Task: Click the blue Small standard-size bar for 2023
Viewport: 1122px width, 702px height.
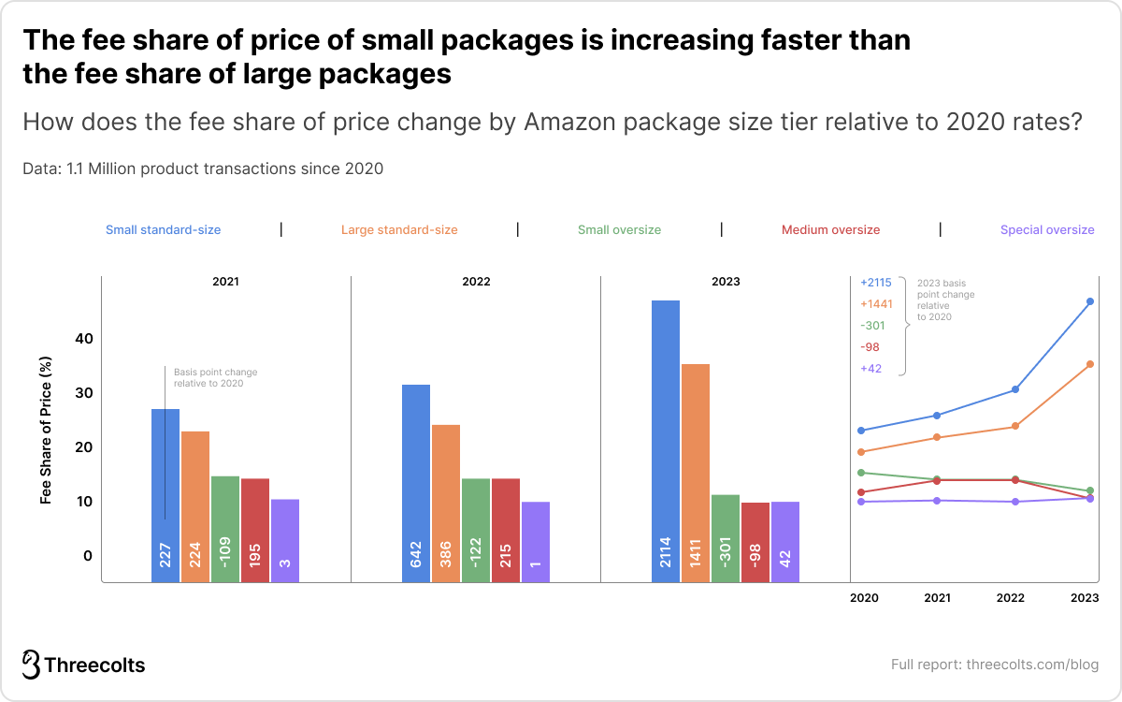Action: tap(665, 440)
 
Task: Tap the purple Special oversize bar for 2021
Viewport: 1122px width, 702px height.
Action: tap(285, 540)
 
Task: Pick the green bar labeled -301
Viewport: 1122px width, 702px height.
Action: tap(725, 538)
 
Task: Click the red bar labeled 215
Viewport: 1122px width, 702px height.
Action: tap(505, 530)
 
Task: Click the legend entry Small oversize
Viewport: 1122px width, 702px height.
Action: tap(619, 229)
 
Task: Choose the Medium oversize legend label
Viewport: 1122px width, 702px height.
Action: tap(830, 229)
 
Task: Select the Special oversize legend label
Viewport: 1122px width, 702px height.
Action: tap(1046, 229)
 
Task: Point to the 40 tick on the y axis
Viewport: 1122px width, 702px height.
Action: tap(85, 339)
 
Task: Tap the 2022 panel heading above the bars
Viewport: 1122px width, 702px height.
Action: tap(475, 281)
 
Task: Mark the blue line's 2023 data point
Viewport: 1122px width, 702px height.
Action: tap(1090, 301)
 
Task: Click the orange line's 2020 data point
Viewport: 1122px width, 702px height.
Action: tap(861, 452)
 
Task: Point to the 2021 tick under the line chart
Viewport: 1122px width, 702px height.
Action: tap(937, 597)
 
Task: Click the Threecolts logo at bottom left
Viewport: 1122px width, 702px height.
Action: tap(84, 665)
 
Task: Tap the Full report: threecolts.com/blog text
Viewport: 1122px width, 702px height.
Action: tap(994, 665)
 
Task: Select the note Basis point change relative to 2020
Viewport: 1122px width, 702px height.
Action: tap(215, 377)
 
